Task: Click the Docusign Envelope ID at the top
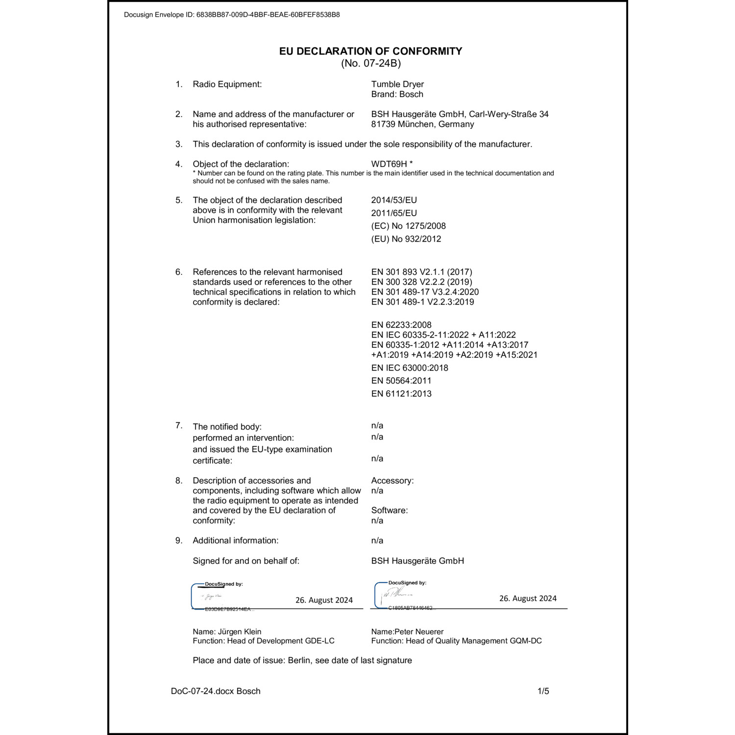pyautogui.click(x=232, y=15)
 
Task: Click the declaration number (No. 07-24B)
pyautogui.click(x=371, y=63)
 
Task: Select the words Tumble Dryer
pyautogui.click(x=397, y=84)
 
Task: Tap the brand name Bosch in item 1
pyautogui.click(x=411, y=95)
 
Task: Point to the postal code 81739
pyautogui.click(x=383, y=124)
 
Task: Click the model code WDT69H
pyautogui.click(x=389, y=164)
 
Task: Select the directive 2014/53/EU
pyautogui.click(x=394, y=200)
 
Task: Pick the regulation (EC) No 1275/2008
pyautogui.click(x=408, y=226)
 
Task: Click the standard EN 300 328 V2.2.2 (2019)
pyautogui.click(x=421, y=282)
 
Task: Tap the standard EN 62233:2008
pyautogui.click(x=401, y=325)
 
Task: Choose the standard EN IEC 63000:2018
pyautogui.click(x=410, y=368)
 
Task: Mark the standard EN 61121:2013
pyautogui.click(x=401, y=394)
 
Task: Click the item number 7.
pyautogui.click(x=179, y=425)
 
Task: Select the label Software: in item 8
pyautogui.click(x=390, y=511)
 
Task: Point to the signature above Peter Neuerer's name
pyautogui.click(x=396, y=594)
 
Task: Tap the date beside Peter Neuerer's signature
pyautogui.click(x=528, y=598)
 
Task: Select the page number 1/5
pyautogui.click(x=543, y=691)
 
